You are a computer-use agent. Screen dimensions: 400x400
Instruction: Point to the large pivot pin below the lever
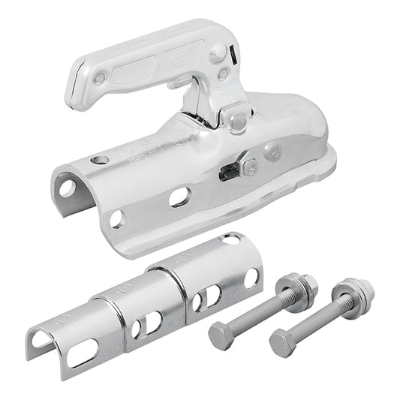pyautogui.click(x=238, y=120)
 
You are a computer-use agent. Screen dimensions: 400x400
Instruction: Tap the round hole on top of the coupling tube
pyautogui.click(x=99, y=160)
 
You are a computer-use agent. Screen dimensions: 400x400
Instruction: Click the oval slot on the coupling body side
pyautogui.click(x=179, y=197)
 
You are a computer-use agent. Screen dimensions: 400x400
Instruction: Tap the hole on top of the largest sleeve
pyautogui.click(x=233, y=238)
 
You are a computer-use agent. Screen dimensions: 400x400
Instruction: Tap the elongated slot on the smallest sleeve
pyautogui.click(x=81, y=353)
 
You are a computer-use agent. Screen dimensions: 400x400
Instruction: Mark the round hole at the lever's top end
pyautogui.click(x=217, y=52)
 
